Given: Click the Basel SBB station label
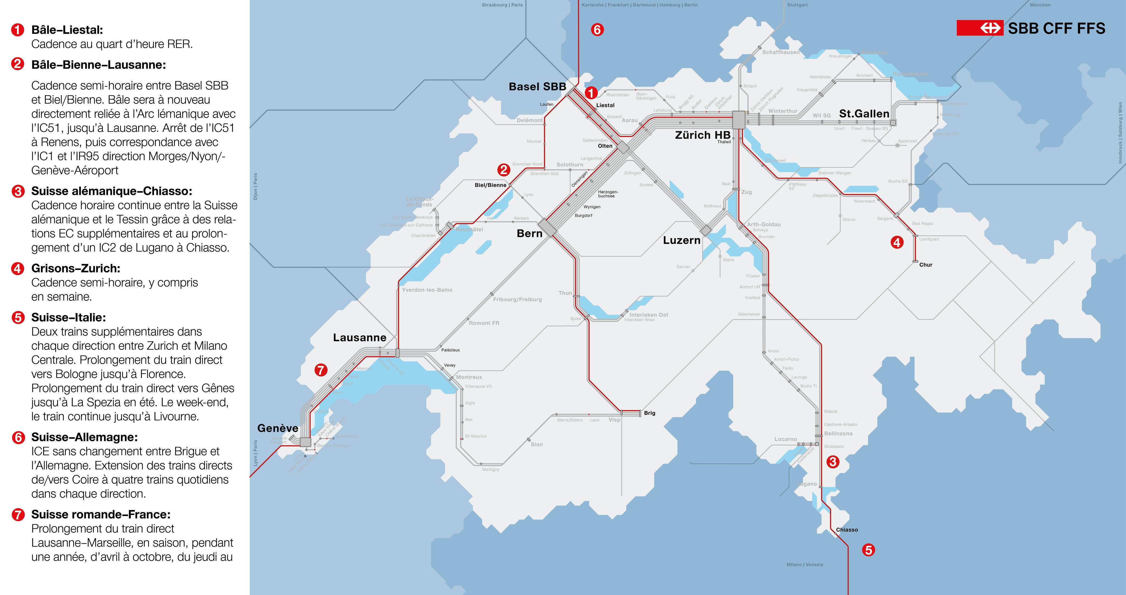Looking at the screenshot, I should tap(537, 87).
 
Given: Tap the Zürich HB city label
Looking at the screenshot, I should tap(702, 135).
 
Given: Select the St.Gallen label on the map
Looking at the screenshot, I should tap(864, 114).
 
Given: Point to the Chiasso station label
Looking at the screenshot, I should tap(847, 530).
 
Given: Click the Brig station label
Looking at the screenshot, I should tap(650, 413).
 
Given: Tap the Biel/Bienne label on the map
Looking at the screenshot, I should tap(490, 185).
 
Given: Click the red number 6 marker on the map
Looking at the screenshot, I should tap(597, 30).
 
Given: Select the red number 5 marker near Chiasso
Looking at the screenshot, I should tap(868, 550).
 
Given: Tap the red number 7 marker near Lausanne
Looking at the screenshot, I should tap(321, 370).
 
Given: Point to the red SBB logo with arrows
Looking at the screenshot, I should tap(979, 28).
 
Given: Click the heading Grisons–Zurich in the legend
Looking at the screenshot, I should tap(76, 268).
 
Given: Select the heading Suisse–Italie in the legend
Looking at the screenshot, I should tap(69, 317).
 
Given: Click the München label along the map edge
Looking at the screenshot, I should tap(1040, 5).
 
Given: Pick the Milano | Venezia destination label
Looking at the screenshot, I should tap(804, 564).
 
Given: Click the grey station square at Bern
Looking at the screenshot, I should tap(547, 228).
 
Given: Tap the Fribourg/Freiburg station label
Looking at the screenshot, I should tap(517, 299).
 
